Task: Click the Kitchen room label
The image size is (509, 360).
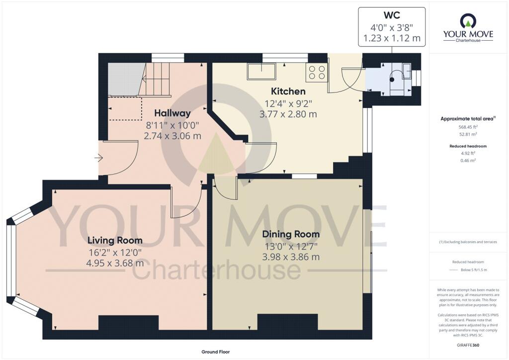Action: [x=288, y=91]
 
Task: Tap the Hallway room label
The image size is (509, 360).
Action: [x=172, y=113]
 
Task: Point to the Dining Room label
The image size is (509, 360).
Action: [x=291, y=234]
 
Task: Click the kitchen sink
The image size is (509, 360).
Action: [x=261, y=72]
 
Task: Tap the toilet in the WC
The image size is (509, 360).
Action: [x=397, y=75]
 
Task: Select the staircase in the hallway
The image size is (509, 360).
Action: [x=157, y=79]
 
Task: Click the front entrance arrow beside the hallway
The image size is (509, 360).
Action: [x=98, y=158]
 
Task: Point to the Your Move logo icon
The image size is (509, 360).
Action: [x=468, y=21]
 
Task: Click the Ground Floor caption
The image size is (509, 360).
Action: [x=215, y=352]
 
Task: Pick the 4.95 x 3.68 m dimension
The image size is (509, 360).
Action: [x=115, y=264]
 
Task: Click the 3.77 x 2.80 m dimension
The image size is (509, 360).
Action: [x=288, y=114]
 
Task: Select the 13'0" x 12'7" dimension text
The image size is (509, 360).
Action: [x=291, y=246]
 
